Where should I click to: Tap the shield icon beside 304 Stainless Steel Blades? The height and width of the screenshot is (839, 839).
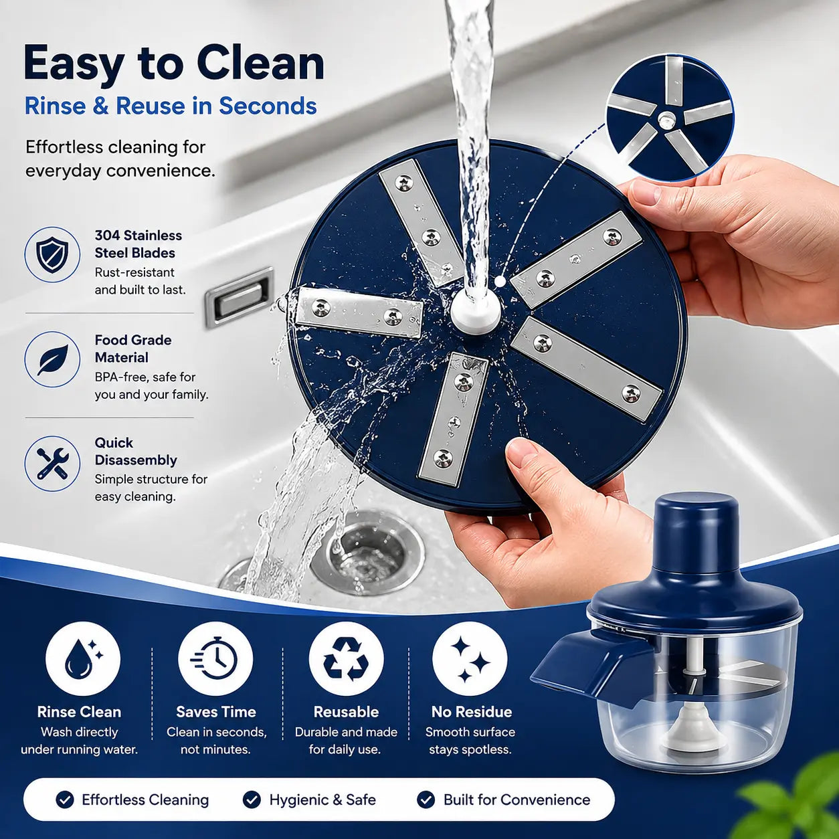(52, 255)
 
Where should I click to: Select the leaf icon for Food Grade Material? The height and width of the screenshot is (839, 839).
(52, 359)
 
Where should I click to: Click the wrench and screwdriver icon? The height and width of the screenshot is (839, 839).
(52, 464)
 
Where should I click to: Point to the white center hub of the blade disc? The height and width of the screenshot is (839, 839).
(475, 310)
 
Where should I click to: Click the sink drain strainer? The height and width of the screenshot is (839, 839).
(368, 553)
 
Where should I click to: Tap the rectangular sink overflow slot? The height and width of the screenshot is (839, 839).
(240, 297)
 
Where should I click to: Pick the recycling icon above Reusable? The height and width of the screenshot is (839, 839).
(346, 659)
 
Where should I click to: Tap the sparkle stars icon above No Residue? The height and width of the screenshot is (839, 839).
(470, 659)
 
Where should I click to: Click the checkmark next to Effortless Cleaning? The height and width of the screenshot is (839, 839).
(65, 800)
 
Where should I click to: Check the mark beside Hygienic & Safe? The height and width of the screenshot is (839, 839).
(252, 800)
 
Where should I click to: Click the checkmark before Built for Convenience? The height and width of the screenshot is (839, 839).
(426, 800)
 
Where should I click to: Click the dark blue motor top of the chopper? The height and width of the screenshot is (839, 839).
(696, 533)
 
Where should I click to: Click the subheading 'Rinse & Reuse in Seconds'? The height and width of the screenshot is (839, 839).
(171, 106)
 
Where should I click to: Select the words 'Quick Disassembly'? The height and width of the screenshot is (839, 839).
(136, 451)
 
